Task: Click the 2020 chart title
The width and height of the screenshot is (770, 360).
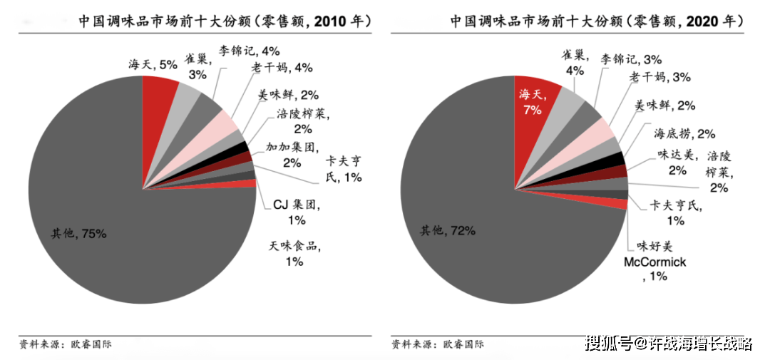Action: (596, 22)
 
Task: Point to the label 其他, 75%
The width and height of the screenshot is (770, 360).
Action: (78, 233)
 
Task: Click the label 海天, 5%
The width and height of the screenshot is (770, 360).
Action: (153, 65)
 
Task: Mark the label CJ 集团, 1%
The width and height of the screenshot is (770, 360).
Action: (296, 212)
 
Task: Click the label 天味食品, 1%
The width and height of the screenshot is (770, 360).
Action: (294, 254)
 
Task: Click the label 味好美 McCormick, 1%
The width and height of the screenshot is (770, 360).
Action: (654, 261)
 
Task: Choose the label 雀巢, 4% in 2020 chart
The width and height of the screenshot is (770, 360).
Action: (574, 61)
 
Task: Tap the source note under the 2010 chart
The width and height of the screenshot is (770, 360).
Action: (66, 344)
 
